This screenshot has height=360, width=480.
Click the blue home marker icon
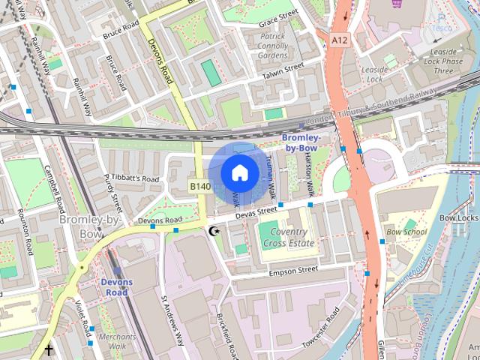[239, 172]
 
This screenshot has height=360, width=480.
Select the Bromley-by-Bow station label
[302, 143]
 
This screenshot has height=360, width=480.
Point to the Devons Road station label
[116, 287]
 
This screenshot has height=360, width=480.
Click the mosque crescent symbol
[214, 231]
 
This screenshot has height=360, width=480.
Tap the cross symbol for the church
[49, 349]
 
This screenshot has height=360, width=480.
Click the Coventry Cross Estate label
[288, 238]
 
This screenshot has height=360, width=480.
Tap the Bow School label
[406, 232]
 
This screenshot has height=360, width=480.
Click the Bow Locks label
[458, 217]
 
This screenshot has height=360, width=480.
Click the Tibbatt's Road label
[138, 179]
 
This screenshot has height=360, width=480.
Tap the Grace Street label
[278, 18]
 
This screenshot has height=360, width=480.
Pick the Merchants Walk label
[118, 341]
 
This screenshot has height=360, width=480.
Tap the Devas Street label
[256, 214]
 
